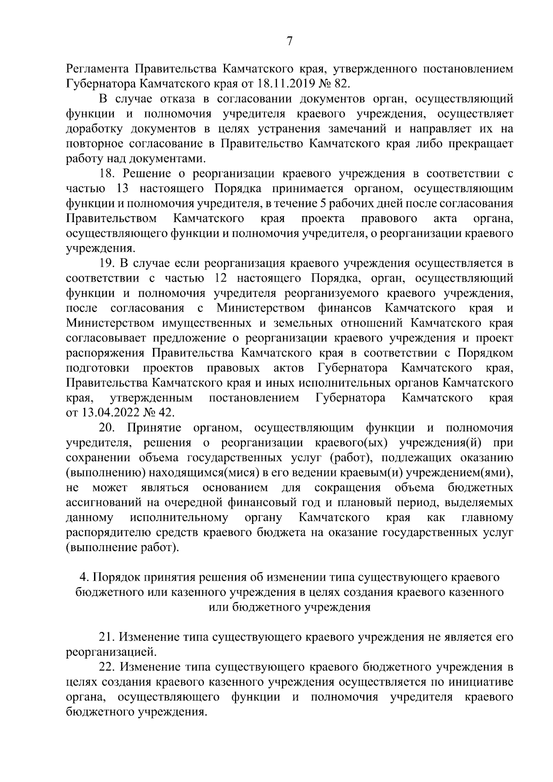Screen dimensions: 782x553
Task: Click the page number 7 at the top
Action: [289, 41]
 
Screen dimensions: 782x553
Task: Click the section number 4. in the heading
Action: [84, 577]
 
